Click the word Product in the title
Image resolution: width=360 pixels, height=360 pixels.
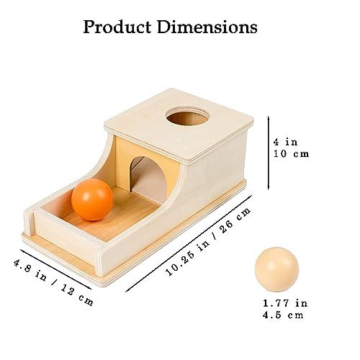tap(117, 27)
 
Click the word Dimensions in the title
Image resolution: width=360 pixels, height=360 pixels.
tap(207, 27)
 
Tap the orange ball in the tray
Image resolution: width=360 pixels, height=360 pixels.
tap(92, 199)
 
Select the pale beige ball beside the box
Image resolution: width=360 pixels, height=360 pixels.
tap(277, 269)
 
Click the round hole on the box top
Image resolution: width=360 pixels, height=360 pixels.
tap(188, 117)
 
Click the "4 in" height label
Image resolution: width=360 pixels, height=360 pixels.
tap(286, 142)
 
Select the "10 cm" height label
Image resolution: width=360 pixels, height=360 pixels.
tap(291, 153)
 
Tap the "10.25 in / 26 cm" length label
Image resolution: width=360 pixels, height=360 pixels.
tap(208, 241)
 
